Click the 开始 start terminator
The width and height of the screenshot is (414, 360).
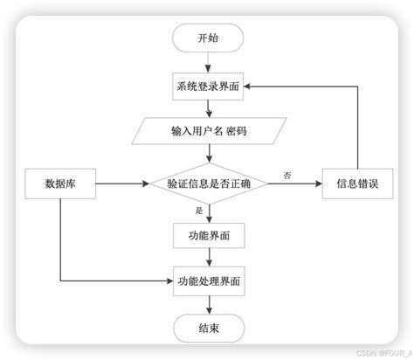(208, 38)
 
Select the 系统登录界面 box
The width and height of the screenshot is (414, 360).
(208, 87)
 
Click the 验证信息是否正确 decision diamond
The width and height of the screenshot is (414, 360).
(208, 183)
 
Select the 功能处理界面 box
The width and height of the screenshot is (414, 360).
(208, 281)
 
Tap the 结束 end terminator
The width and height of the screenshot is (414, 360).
(208, 328)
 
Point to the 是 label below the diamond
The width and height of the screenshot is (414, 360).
(198, 211)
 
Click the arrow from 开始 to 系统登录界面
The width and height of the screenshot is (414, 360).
(208, 63)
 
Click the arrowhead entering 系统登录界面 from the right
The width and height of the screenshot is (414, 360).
(249, 87)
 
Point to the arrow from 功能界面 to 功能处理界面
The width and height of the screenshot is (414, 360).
(208, 258)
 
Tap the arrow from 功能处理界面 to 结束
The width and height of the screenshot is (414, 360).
(208, 304)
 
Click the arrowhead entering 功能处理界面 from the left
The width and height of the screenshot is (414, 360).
(169, 281)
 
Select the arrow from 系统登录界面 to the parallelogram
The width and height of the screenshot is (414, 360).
(208, 109)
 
